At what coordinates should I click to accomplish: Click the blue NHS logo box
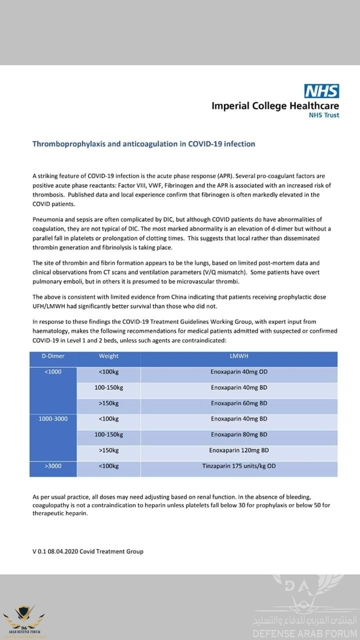[322, 91]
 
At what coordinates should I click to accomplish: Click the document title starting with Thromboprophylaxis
[143, 144]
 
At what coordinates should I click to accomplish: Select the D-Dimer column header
[52, 356]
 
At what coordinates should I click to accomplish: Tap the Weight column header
[108, 356]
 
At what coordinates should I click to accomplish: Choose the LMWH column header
[239, 356]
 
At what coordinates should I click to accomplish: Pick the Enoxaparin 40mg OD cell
[239, 372]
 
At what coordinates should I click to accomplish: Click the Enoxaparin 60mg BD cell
[239, 403]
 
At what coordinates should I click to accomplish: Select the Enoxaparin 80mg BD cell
[239, 434]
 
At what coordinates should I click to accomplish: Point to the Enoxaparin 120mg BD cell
[239, 450]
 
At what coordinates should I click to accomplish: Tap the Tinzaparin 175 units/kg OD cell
[239, 466]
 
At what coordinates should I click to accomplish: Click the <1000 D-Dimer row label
[52, 372]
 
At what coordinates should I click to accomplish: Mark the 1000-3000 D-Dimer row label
[52, 418]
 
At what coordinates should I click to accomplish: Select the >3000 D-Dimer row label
[52, 466]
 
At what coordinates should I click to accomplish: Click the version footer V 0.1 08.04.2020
[88, 551]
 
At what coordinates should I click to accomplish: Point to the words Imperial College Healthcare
[275, 106]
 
